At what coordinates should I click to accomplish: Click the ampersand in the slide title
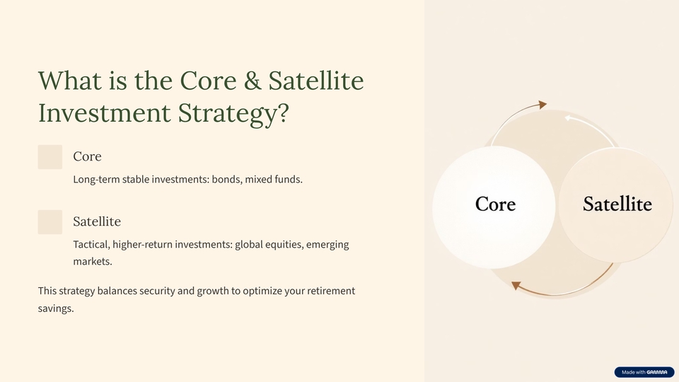[253, 81]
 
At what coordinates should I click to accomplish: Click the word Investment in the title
[105, 113]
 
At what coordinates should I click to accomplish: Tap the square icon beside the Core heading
[50, 157]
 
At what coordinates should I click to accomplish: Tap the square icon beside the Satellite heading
[50, 222]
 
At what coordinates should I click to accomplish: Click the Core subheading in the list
[87, 156]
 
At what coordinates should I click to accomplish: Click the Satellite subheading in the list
[97, 221]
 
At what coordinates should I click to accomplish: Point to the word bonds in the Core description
[226, 179]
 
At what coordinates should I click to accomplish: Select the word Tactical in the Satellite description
[91, 244]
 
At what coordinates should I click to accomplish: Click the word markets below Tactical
[92, 261]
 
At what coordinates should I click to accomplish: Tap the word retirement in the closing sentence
[331, 291]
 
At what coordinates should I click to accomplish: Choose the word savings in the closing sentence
[56, 308]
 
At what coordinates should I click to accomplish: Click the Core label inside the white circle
[495, 204]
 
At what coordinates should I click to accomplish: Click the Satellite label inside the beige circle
[617, 204]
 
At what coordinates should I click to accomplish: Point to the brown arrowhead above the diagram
[542, 105]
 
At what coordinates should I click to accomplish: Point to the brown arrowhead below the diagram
[516, 285]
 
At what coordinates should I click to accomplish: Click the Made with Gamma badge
[644, 372]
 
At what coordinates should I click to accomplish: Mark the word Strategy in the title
[233, 113]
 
